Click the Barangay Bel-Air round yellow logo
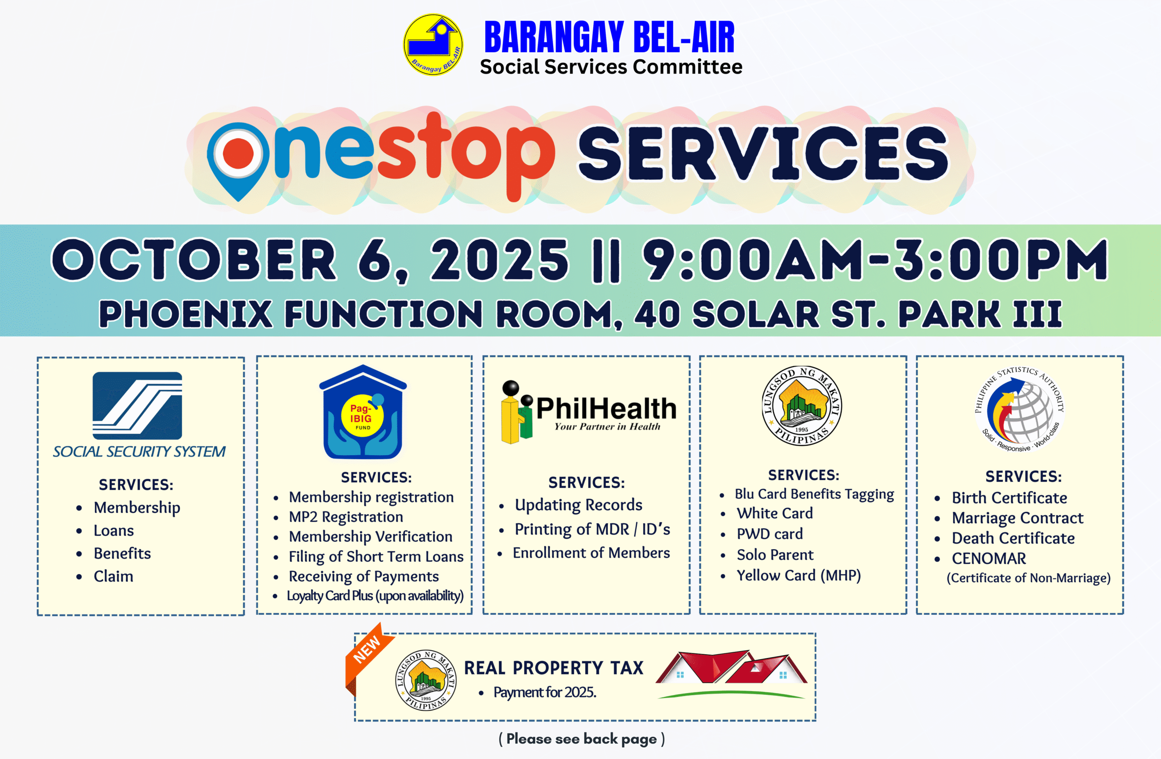tap(433, 44)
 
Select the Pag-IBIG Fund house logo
tap(363, 412)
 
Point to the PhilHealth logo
tap(589, 412)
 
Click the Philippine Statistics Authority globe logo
tap(1020, 409)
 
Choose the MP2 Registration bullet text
tap(346, 516)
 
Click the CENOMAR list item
tap(989, 558)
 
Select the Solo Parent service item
tap(775, 555)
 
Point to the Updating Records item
tap(579, 505)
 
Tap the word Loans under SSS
tap(114, 530)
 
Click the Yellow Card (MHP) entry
tap(799, 575)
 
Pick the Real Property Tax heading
tap(554, 668)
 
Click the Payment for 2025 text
tap(545, 692)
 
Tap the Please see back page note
tap(581, 739)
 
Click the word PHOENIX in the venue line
tap(186, 314)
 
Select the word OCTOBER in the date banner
tap(194, 259)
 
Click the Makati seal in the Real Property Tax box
tap(426, 680)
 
